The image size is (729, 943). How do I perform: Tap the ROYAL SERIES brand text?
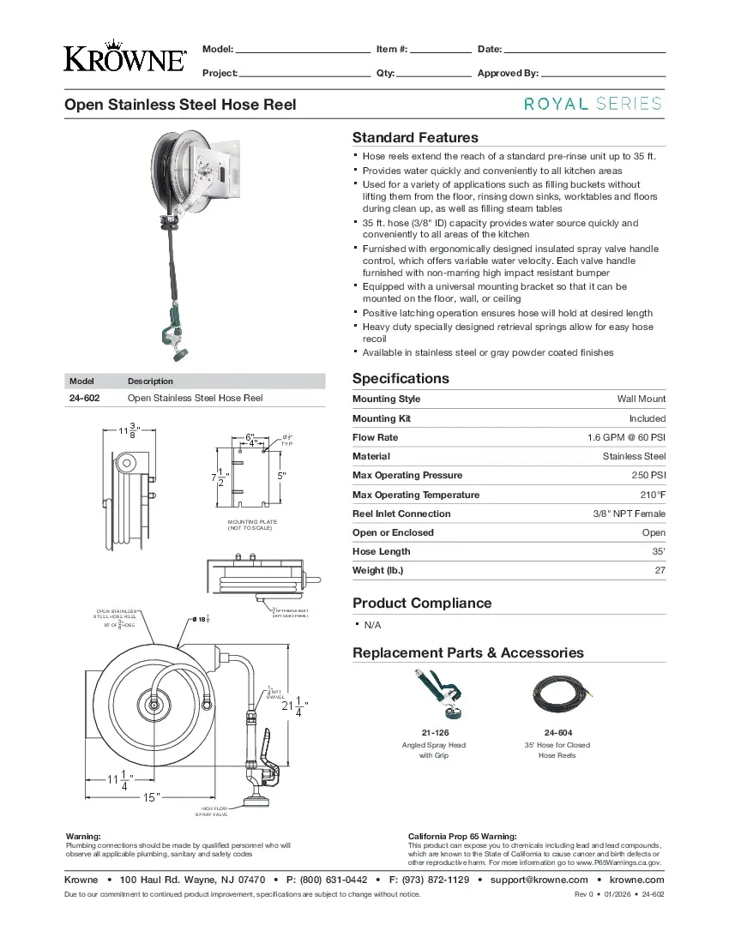593,104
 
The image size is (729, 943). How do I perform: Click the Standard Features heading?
415,137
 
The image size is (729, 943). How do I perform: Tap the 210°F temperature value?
651,495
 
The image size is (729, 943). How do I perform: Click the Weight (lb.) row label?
377,570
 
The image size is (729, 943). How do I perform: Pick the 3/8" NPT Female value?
629,514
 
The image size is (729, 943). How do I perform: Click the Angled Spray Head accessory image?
434,694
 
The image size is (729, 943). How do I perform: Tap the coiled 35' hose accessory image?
557,693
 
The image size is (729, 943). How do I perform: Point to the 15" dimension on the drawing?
151,797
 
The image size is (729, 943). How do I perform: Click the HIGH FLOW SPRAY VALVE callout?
214,811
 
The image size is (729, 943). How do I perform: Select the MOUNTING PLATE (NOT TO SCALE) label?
252,525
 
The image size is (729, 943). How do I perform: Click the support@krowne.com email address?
539,880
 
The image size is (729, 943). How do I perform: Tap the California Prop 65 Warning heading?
462,836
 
